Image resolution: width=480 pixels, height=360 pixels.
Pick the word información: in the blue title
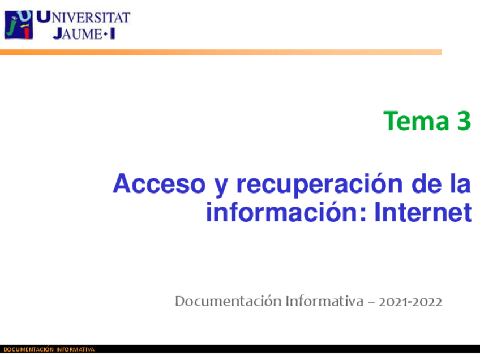pos(287,213)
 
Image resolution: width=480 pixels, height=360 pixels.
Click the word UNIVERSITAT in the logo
pos(84,18)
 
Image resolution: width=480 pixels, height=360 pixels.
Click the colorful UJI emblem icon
pos(18,24)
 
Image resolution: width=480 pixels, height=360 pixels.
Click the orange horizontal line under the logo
pos(221,52)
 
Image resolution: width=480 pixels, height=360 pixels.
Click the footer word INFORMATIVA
pos(75,350)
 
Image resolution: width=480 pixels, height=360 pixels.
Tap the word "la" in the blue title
pos(461,185)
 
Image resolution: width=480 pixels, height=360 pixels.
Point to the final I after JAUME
pos(113,33)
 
